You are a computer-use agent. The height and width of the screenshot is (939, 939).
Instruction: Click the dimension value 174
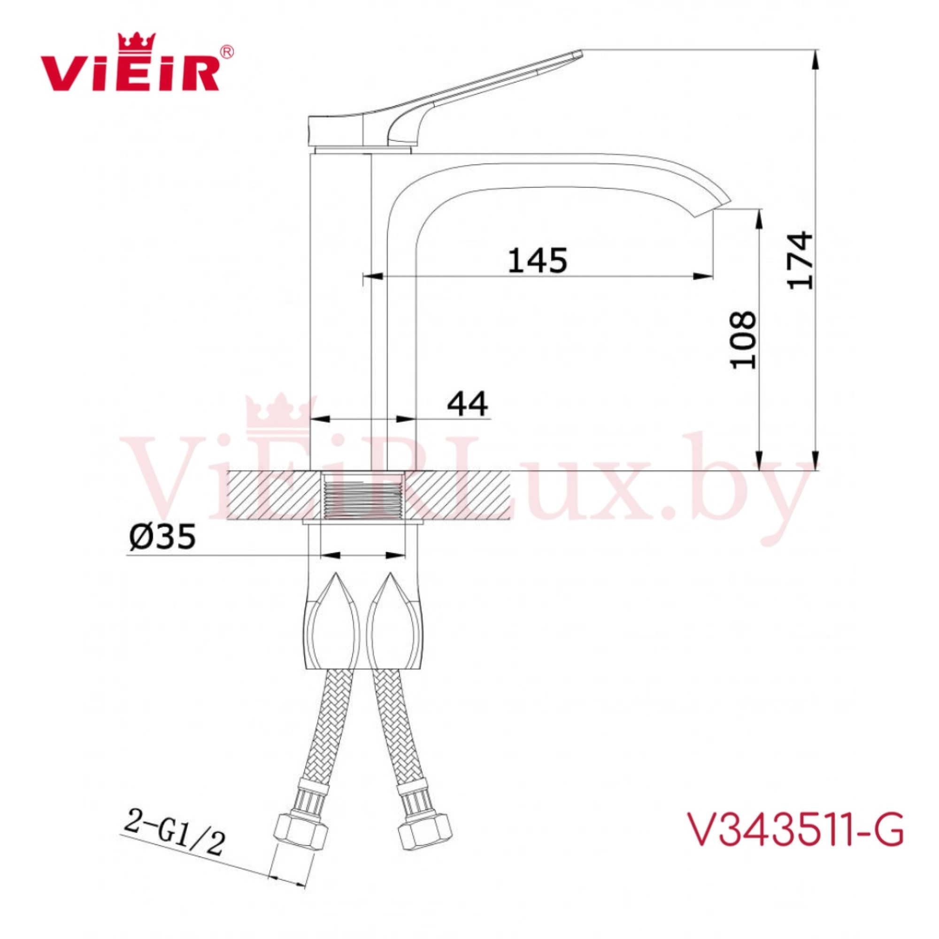click(800, 261)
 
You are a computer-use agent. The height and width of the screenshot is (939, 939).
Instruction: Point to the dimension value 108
click(743, 340)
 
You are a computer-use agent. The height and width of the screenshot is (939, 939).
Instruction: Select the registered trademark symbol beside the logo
click(227, 51)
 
